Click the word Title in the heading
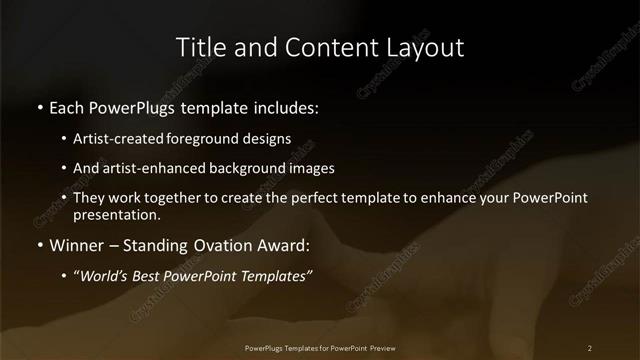tap(199, 47)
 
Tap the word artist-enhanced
tap(147, 168)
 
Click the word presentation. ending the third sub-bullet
tap(116, 214)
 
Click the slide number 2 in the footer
tap(590, 347)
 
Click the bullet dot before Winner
tap(39, 245)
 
